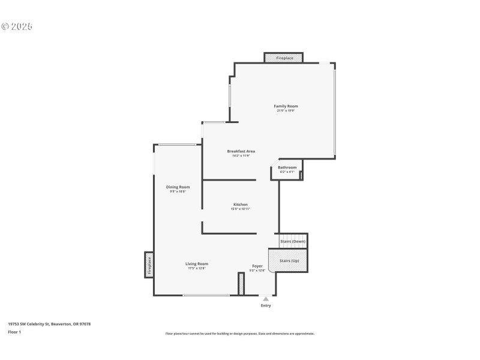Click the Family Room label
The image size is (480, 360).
click(x=286, y=106)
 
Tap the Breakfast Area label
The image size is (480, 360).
click(x=241, y=151)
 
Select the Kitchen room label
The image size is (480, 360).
click(x=240, y=205)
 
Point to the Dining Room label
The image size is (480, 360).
click(x=178, y=187)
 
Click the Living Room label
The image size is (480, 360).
click(x=196, y=264)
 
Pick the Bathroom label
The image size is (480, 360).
click(x=287, y=167)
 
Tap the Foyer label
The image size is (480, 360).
click(x=257, y=266)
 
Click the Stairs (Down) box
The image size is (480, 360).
click(x=293, y=241)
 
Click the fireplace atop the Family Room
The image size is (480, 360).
click(x=284, y=58)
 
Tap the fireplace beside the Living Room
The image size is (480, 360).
click(x=149, y=265)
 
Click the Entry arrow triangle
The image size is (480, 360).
click(x=266, y=298)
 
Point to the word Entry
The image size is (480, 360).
click(x=266, y=306)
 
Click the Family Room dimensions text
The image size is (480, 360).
click(x=286, y=110)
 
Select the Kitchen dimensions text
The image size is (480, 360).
click(x=240, y=209)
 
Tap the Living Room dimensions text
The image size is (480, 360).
click(x=196, y=268)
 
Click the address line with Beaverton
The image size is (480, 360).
click(x=49, y=324)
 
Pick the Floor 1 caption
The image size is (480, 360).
click(x=14, y=332)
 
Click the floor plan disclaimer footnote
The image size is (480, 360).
click(x=240, y=334)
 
